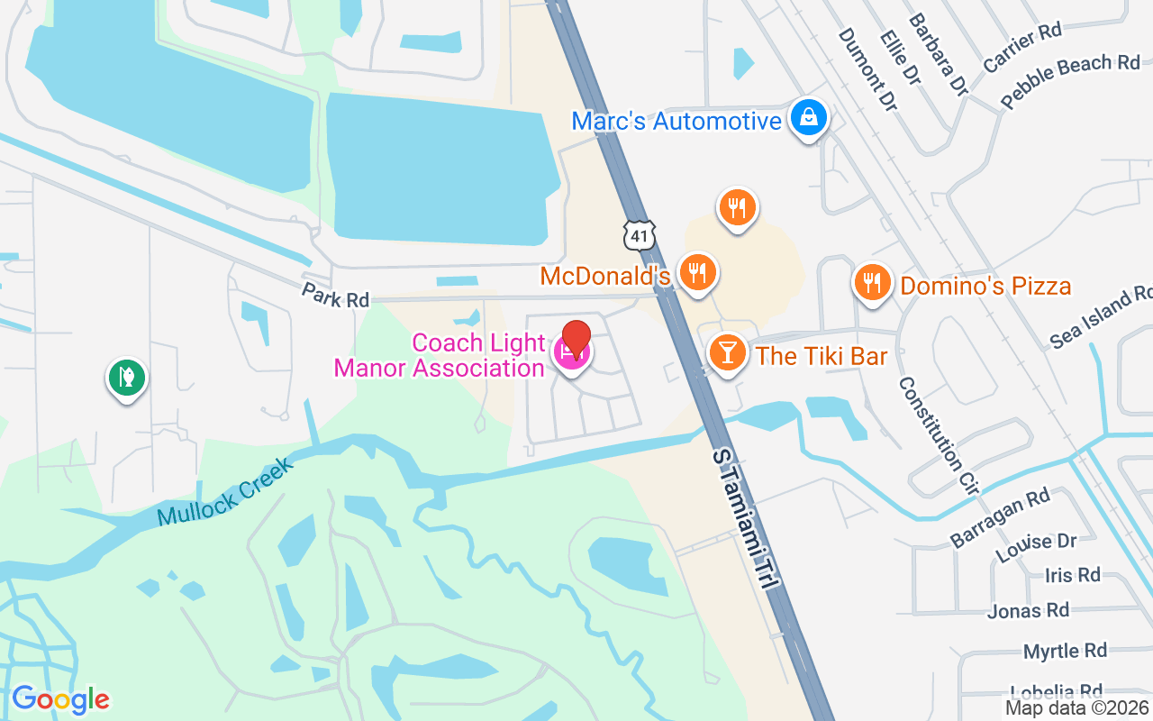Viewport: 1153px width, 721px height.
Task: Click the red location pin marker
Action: point(576,338)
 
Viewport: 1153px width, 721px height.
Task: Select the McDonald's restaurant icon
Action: point(696,273)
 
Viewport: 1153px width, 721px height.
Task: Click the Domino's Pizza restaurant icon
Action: point(871,284)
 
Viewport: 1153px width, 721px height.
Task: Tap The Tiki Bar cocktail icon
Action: point(727,352)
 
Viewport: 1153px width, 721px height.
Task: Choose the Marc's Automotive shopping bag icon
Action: point(809,118)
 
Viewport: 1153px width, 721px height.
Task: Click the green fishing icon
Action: point(127,378)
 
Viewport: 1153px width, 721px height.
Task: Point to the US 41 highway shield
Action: point(639,235)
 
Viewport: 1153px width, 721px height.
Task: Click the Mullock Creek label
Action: point(224,493)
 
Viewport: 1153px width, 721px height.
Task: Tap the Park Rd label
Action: point(335,296)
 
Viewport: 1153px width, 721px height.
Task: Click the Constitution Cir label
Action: point(938,435)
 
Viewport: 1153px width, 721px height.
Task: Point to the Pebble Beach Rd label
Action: point(1070,81)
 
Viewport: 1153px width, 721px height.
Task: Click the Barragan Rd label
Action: point(1000,517)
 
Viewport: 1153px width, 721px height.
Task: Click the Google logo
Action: point(60,699)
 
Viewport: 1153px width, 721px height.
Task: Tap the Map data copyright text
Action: point(1076,708)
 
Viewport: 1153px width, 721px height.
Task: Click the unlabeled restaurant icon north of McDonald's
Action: point(737,208)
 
